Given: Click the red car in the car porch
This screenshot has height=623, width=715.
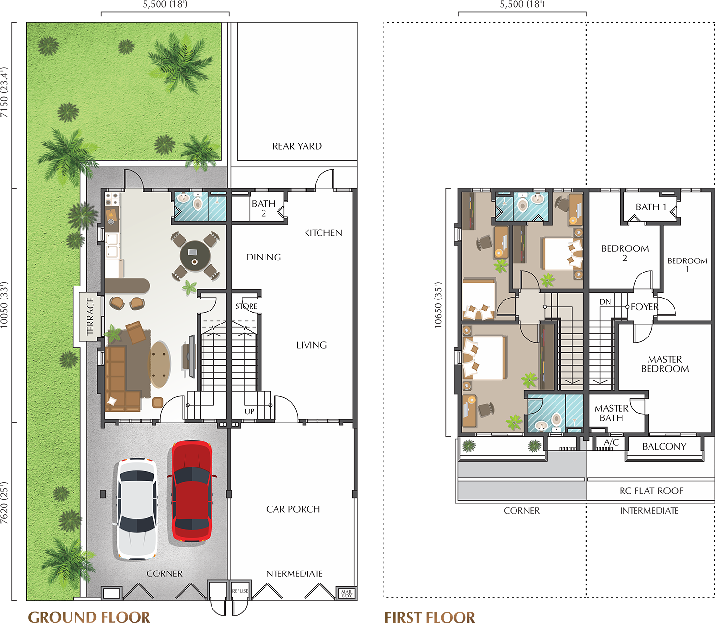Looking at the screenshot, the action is pos(191,491).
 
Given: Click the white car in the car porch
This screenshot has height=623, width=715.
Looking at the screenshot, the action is pos(137,509).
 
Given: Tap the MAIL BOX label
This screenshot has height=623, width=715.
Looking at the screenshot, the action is pos(347,594).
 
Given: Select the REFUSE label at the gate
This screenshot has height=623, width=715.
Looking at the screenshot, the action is pos(240,591).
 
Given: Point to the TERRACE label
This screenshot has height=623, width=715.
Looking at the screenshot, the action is pos(90,316).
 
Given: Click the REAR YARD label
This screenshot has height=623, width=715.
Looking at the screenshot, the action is pos(297,146).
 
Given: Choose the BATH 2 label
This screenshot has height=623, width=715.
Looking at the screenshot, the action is pos(264,208).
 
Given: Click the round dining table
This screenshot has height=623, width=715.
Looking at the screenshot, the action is pos(195,256).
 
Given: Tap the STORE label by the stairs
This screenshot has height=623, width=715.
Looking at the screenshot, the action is pos(246,306).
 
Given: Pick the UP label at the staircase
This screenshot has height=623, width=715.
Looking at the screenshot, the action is pos(250,411).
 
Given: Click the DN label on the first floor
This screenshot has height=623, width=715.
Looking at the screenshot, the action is pos(605,302).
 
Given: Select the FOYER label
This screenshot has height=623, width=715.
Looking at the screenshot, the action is pos(644,307).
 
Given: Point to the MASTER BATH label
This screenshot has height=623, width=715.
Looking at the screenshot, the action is pos(611,413).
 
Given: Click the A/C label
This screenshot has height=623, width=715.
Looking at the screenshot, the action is pos(611,442).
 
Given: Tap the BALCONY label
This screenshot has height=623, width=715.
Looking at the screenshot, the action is pos(664,447).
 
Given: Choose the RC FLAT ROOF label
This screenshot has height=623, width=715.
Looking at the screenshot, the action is pos(651,491).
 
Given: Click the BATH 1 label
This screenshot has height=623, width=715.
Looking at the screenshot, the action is pos(651,207).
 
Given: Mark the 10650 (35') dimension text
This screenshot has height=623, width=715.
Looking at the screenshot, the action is pos(438,306).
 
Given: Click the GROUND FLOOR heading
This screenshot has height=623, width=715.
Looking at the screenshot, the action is pos(89,617).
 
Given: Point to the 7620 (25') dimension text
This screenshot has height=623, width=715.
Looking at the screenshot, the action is pos(4,503).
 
